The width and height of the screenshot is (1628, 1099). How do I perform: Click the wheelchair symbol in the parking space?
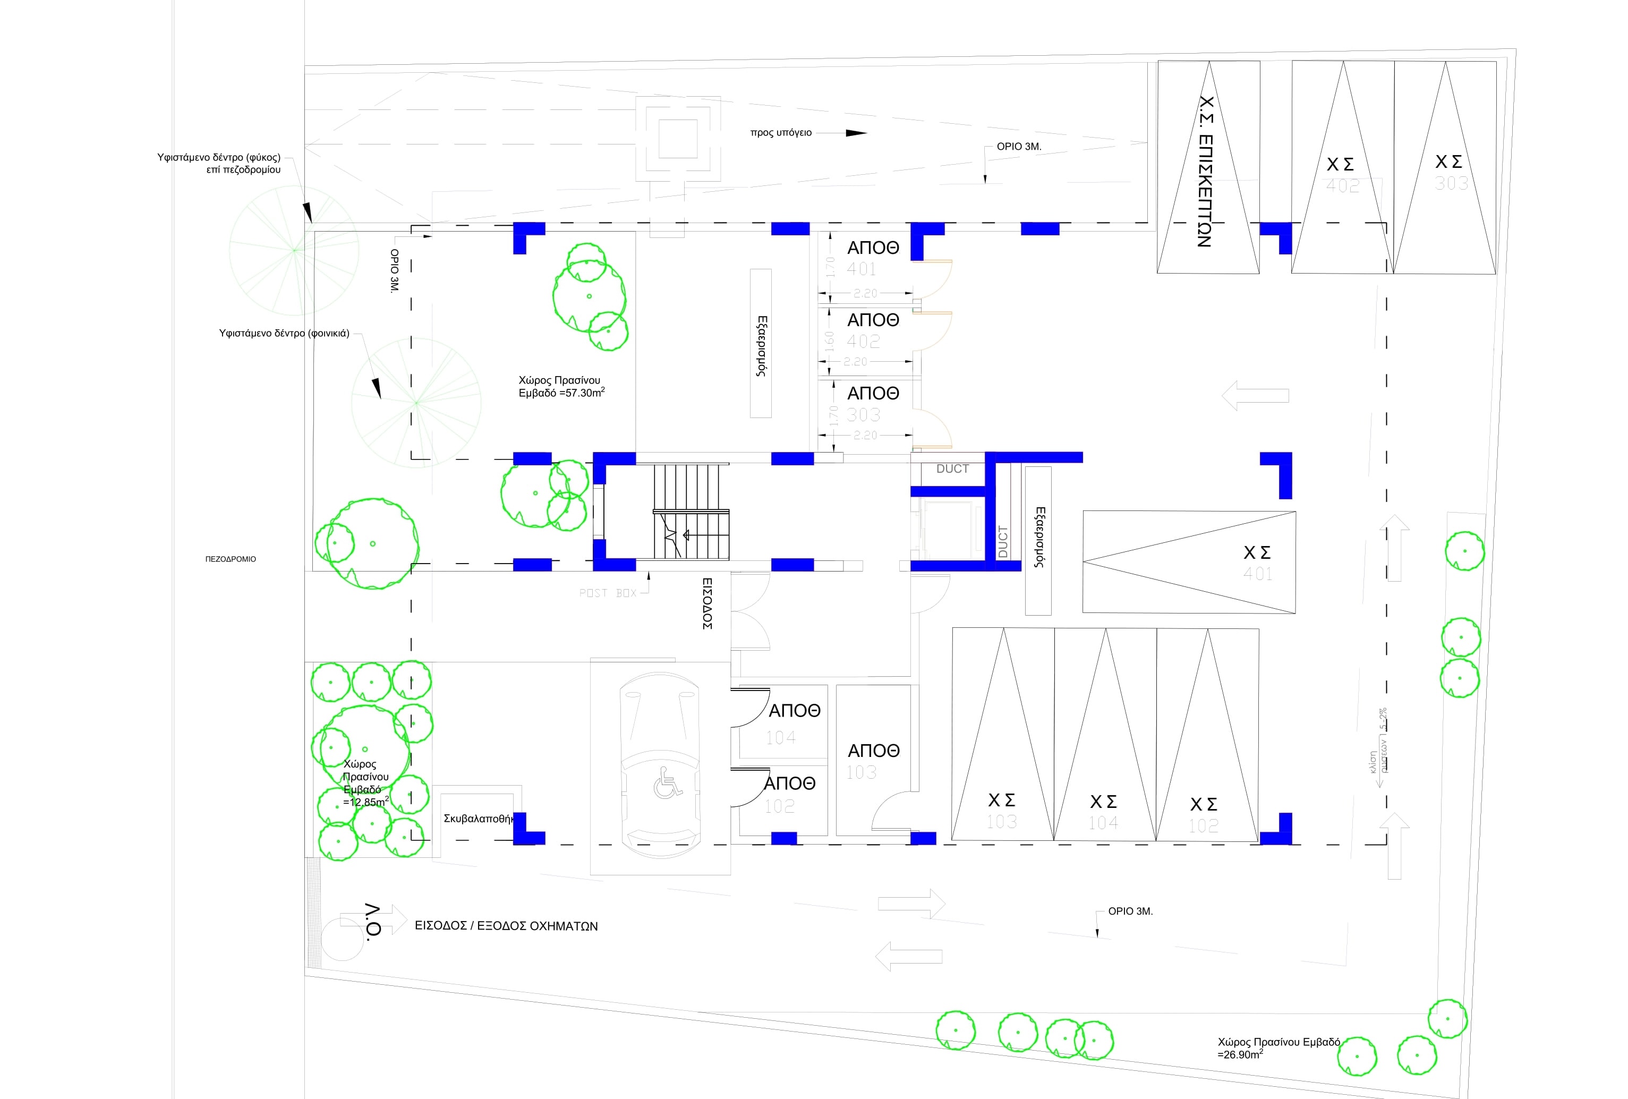coord(668,782)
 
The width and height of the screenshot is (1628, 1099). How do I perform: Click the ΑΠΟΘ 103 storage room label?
coord(872,760)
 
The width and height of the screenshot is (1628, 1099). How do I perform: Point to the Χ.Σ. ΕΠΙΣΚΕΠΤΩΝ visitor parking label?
coord(1205,172)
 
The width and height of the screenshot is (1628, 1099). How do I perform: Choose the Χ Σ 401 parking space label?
coord(1257,562)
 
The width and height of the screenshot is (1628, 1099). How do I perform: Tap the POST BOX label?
coord(607,593)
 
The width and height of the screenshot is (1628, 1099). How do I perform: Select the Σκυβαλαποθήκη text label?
coord(479,818)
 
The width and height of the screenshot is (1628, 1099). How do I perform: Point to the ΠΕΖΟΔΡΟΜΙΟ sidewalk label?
coord(231,559)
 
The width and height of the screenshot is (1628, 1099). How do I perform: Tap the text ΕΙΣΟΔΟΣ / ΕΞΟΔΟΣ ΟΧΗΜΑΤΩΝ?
coord(506,925)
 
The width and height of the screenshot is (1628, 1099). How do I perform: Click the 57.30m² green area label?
coord(560,387)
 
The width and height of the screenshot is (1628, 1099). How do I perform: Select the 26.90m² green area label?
coord(1278,1048)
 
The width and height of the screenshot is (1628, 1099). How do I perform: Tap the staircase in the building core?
coord(690,512)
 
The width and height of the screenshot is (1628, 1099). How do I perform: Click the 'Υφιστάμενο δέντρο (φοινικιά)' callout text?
coord(284,334)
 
